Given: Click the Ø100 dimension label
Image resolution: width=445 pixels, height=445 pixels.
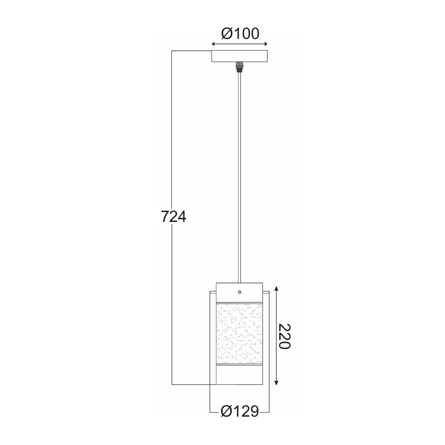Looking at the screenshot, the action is click(x=240, y=33).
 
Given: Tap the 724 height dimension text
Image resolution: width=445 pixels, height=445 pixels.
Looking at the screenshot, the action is click(x=174, y=216).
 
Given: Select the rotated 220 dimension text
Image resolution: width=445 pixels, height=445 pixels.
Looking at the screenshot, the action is click(x=284, y=337).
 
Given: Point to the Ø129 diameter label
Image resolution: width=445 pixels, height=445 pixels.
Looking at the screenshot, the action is click(x=240, y=411).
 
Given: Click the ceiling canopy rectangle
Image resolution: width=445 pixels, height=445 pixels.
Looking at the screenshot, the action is click(x=240, y=56).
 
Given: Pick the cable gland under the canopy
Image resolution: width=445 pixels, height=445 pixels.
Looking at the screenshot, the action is click(x=240, y=67).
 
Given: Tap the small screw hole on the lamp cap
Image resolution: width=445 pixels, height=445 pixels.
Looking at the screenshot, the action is click(x=240, y=292).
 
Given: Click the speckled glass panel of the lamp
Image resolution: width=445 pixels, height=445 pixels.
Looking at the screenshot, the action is click(x=240, y=333).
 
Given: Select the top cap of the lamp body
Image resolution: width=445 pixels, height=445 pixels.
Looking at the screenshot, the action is click(x=240, y=292).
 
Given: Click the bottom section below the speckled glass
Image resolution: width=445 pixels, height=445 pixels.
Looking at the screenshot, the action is click(x=240, y=375).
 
